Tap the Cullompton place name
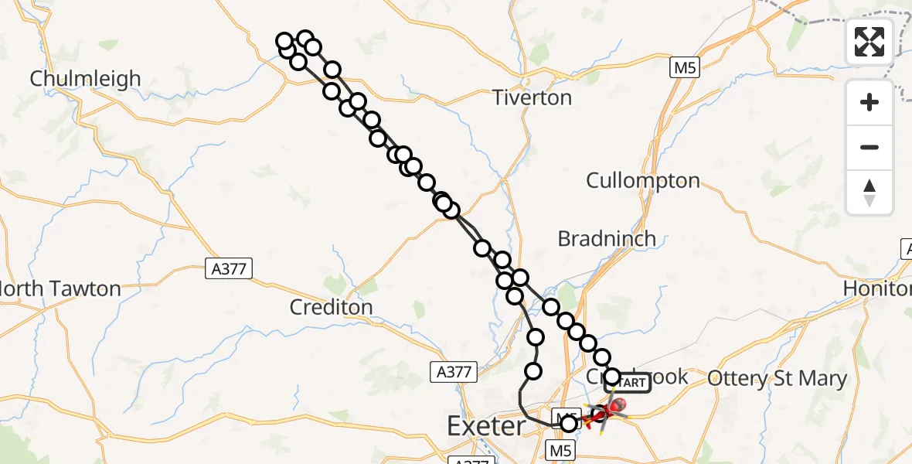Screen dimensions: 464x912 click(643, 181)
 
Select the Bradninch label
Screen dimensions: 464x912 click(607, 238)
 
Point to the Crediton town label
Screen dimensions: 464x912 click(331, 307)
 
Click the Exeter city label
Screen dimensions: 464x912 click(486, 425)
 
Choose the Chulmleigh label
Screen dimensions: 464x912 click(86, 79)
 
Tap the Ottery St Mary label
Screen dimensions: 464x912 click(778, 379)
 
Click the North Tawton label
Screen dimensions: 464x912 click(61, 289)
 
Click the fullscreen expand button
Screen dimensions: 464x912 click(869, 42)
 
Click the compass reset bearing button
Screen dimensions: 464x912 click(869, 193)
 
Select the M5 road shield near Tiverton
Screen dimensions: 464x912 click(684, 69)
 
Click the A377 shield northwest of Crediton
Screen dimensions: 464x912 click(230, 268)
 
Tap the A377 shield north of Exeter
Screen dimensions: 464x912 click(453, 372)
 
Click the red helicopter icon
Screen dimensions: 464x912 click(617, 404)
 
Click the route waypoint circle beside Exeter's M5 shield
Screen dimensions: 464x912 click(569, 424)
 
